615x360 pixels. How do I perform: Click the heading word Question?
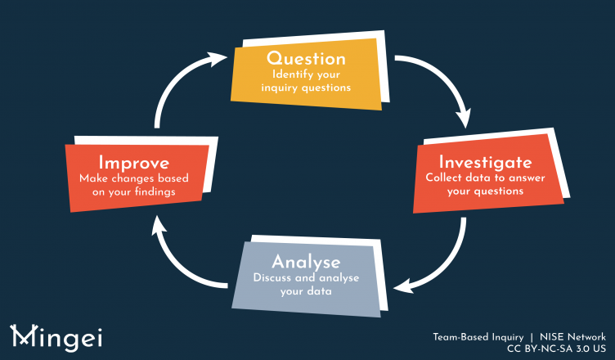click(x=307, y=58)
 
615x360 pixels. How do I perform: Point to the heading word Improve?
click(x=133, y=160)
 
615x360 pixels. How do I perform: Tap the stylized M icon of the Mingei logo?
click(x=22, y=335)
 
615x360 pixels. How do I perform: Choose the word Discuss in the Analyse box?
click(x=274, y=278)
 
